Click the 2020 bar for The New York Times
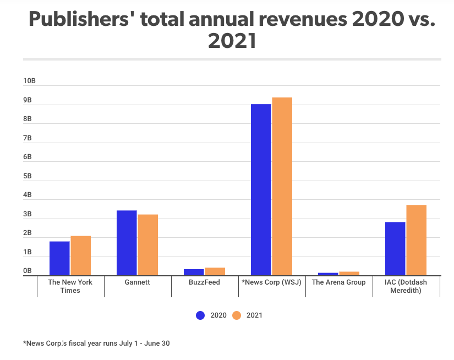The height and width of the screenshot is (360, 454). pyautogui.click(x=59, y=258)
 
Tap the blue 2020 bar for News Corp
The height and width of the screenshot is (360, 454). pyautogui.click(x=261, y=189)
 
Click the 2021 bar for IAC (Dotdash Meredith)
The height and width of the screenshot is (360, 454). pyautogui.click(x=416, y=240)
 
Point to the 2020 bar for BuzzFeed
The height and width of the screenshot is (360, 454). pyautogui.click(x=194, y=272)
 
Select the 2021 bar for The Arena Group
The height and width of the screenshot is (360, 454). pyautogui.click(x=349, y=273)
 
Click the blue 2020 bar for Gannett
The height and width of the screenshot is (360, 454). pyautogui.click(x=127, y=243)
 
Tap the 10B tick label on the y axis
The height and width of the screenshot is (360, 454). pyautogui.click(x=29, y=81)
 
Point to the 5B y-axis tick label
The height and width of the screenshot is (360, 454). pyautogui.click(x=27, y=176)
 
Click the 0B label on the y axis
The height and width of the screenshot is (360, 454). pyautogui.click(x=27, y=271)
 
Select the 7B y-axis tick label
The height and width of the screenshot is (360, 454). pyautogui.click(x=27, y=138)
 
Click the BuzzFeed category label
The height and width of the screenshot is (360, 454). pyautogui.click(x=204, y=282)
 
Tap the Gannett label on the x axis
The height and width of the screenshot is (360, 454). pyautogui.click(x=137, y=282)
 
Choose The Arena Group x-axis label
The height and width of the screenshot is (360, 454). pyautogui.click(x=338, y=282)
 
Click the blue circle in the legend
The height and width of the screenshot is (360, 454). pyautogui.click(x=200, y=315)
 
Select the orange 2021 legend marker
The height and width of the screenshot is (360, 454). pyautogui.click(x=237, y=315)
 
